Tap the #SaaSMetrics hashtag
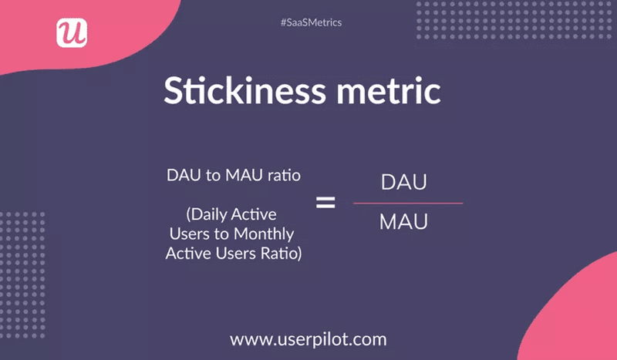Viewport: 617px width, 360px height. tap(311, 22)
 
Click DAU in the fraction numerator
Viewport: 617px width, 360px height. tap(404, 183)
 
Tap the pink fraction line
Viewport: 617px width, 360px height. tap(408, 204)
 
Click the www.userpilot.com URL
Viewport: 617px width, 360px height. tap(308, 338)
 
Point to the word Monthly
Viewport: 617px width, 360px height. tap(261, 233)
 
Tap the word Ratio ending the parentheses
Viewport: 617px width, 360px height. tap(281, 252)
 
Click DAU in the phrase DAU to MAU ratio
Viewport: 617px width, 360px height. tap(184, 175)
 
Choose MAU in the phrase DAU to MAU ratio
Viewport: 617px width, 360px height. tap(240, 175)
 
